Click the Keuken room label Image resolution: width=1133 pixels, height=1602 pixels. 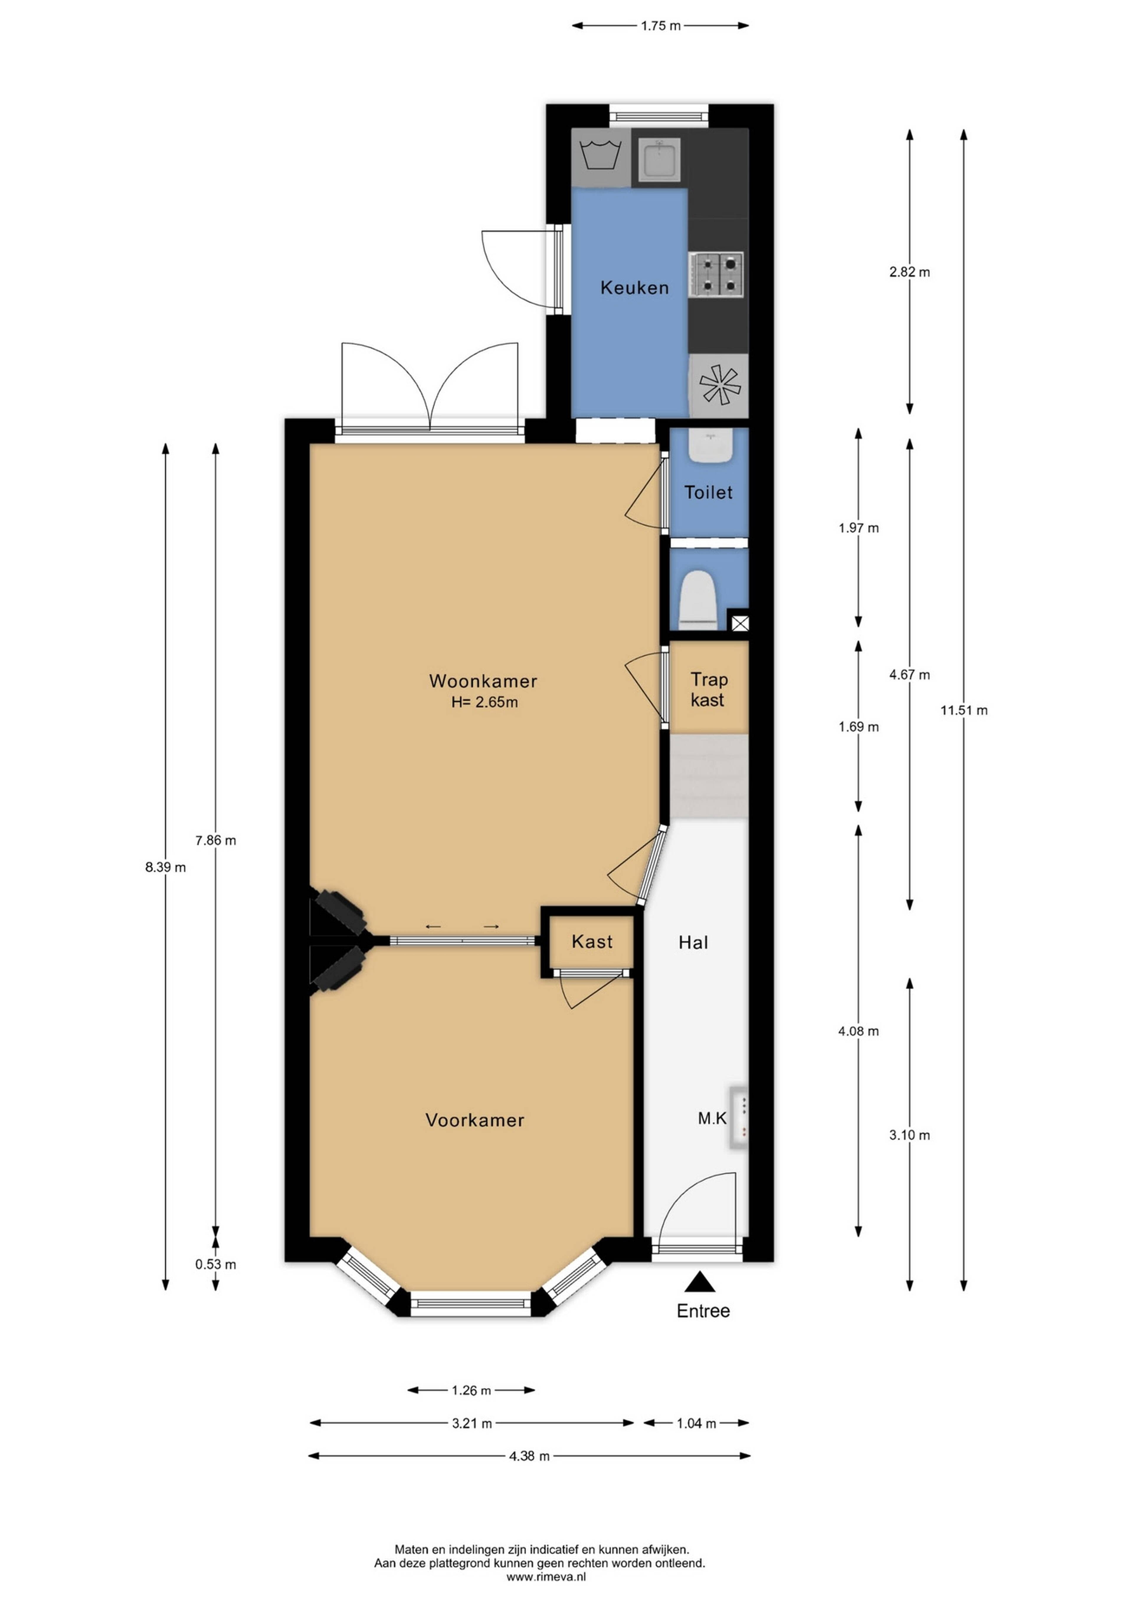pyautogui.click(x=634, y=287)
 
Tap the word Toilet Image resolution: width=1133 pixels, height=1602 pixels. pyautogui.click(x=708, y=492)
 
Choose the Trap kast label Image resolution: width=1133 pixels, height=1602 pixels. pyautogui.click(x=708, y=689)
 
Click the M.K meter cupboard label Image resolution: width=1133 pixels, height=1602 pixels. pyautogui.click(x=712, y=1118)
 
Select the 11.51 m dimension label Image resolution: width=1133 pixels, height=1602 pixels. pyautogui.click(x=963, y=710)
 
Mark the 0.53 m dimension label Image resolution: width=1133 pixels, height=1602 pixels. pyautogui.click(x=216, y=1264)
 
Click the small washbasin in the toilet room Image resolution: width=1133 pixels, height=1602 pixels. pyautogui.click(x=710, y=445)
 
